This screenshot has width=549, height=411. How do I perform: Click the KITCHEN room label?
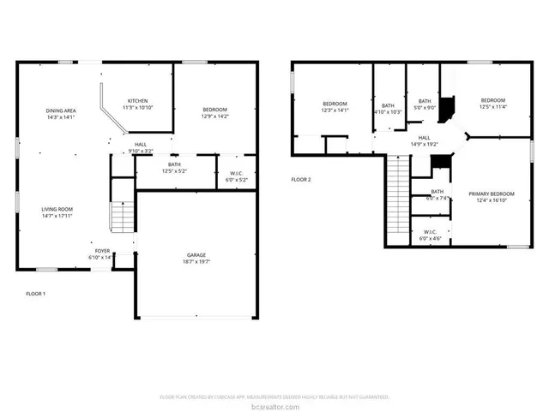click(138, 100)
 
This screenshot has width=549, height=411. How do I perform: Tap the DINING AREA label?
click(61, 111)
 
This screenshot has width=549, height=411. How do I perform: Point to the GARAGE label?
click(197, 255)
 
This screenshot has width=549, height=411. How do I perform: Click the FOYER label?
click(101, 253)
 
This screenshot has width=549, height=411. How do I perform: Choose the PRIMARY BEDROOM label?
click(492, 194)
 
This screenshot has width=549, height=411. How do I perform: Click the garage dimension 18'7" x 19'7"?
click(197, 262)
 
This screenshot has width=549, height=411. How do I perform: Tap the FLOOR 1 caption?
click(35, 294)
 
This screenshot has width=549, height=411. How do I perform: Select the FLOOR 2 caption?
click(300, 180)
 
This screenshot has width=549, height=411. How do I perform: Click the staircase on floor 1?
click(122, 216)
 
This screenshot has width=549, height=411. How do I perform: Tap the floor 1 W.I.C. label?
click(236, 174)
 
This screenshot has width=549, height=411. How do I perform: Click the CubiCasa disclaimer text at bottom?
click(274, 396)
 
